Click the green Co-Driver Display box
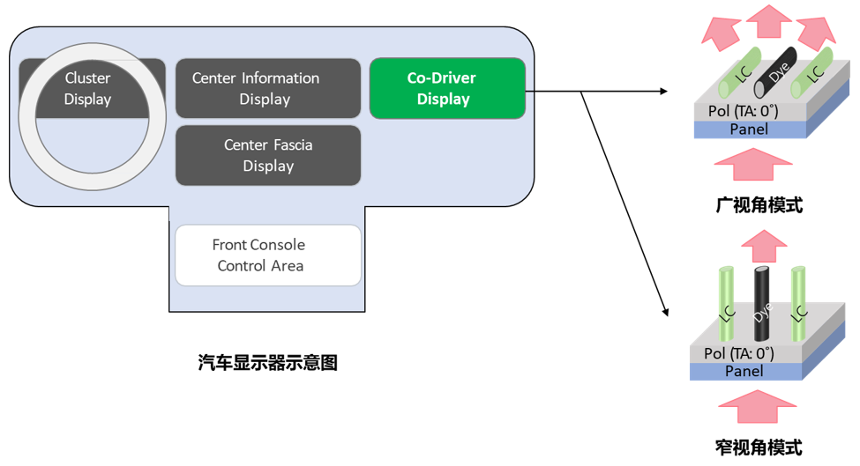(447, 88)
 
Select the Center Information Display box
(268, 88)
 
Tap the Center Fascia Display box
(268, 155)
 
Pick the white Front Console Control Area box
(268, 255)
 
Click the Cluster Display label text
(88, 88)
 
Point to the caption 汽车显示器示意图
(268, 362)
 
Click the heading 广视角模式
(759, 205)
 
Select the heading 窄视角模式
(759, 447)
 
